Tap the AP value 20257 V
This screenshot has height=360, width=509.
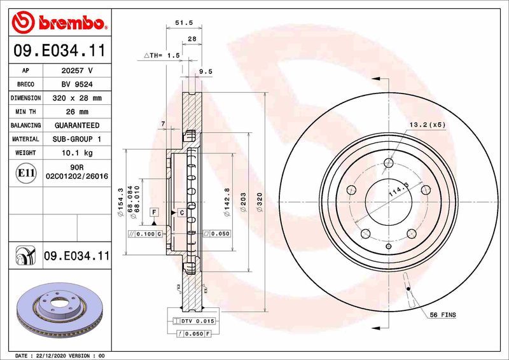(x=77, y=71)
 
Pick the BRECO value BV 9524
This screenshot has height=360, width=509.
(x=77, y=85)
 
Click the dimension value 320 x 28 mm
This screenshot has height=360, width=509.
(x=77, y=99)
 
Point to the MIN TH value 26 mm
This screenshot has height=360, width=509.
(x=77, y=112)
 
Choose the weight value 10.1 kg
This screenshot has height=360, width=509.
(x=77, y=153)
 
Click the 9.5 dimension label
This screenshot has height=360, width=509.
(x=206, y=72)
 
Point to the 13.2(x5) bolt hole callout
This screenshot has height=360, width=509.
(x=428, y=125)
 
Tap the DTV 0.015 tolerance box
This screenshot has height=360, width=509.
(x=199, y=321)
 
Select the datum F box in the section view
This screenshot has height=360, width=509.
(x=154, y=211)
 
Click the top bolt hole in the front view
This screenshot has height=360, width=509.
(x=388, y=163)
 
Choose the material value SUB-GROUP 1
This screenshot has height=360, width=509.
(x=77, y=139)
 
